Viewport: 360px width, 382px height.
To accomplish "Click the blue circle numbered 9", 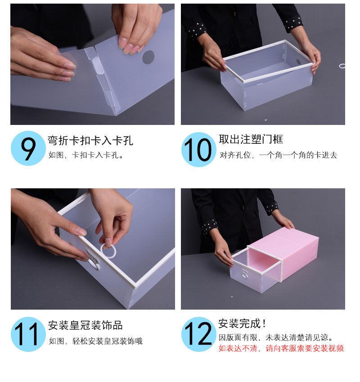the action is pos(28,148).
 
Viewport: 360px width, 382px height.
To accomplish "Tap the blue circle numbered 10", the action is pos(198,149).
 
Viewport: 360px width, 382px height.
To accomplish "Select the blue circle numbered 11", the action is pos(28,334).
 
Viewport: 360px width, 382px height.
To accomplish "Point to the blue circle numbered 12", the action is pos(198,334).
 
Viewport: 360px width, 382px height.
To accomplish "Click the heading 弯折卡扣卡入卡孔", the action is pos(90,141).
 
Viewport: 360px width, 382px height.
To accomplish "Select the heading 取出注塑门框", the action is pos(251,139).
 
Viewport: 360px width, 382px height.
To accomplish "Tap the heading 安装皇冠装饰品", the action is pos(85,325).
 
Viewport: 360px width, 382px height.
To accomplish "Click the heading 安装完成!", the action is pos(242,324).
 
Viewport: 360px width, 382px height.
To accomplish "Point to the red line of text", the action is pos(281,348).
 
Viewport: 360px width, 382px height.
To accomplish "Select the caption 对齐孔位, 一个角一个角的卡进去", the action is pos(278,155).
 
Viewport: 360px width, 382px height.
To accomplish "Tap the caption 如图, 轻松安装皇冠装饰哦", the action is pos(95,341).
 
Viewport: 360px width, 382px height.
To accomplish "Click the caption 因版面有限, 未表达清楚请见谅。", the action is pos(276,338).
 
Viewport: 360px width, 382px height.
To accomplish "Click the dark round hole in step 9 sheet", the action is pos(148,57).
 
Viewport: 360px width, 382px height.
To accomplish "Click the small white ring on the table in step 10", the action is pos(342,66).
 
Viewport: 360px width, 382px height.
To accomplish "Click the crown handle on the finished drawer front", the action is pos(244,274).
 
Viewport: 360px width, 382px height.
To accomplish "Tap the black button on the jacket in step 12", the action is pos(243,207).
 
